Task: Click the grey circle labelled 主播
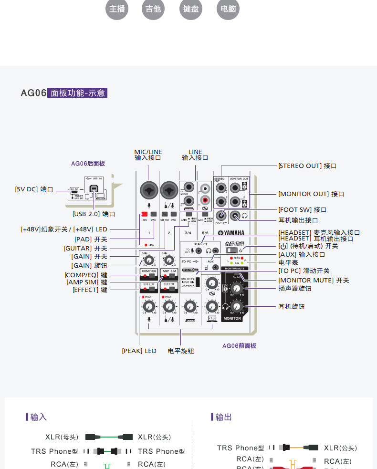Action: (x=117, y=9)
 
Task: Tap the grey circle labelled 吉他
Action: (x=154, y=9)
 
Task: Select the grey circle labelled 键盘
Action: (x=191, y=9)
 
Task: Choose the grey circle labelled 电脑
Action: (x=228, y=9)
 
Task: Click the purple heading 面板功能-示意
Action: (x=77, y=93)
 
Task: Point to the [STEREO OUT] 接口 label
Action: (x=308, y=166)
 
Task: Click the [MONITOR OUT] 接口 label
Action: (x=311, y=194)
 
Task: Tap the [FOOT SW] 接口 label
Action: (x=303, y=210)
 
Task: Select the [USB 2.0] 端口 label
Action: (x=94, y=214)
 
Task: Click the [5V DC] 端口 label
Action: (x=34, y=189)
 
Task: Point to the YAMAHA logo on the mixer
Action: (x=231, y=233)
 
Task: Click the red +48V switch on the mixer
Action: (x=144, y=214)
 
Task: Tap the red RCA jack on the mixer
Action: (x=206, y=199)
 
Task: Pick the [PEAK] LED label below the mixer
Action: (x=139, y=351)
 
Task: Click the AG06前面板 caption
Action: (x=239, y=345)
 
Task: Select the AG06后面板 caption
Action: (x=88, y=163)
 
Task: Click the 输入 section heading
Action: (x=38, y=417)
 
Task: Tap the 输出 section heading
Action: (x=223, y=417)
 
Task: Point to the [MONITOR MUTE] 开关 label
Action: (x=314, y=281)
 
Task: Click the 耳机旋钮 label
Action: (x=292, y=307)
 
